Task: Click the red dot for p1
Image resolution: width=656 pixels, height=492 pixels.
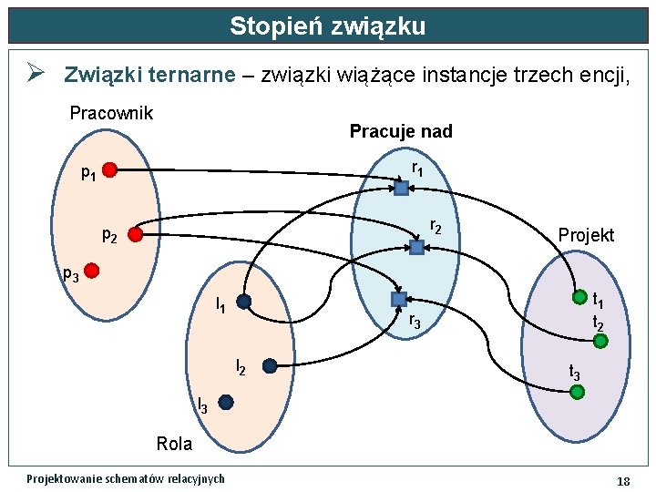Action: [109, 169]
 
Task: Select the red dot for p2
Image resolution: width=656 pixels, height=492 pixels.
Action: [135, 235]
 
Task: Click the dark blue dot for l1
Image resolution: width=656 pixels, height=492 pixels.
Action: [243, 302]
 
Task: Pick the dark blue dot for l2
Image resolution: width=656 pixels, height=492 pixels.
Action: [270, 366]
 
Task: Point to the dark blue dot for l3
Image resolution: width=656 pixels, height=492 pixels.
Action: [226, 402]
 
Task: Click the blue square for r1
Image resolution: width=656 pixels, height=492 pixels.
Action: [401, 189]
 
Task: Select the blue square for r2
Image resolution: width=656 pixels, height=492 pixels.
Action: [416, 247]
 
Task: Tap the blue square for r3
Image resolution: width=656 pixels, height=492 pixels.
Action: [398, 299]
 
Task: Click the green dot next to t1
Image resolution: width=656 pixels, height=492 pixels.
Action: [579, 297]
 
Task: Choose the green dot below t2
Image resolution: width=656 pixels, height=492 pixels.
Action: [600, 341]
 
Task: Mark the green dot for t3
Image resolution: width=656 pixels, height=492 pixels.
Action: [577, 392]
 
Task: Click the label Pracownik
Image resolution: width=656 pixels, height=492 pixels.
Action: [111, 114]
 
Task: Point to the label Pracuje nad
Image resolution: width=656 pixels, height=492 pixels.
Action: [401, 131]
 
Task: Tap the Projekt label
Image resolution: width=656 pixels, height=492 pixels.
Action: [586, 235]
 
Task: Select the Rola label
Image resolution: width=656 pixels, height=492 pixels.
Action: [174, 444]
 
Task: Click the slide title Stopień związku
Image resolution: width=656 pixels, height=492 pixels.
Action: [327, 26]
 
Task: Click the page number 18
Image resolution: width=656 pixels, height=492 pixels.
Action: [623, 480]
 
